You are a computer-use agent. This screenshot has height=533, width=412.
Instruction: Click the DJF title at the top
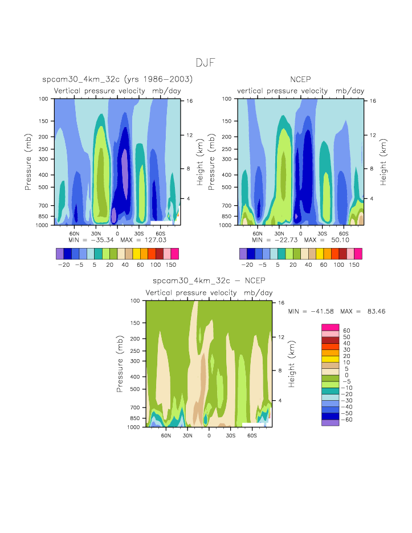point(206,63)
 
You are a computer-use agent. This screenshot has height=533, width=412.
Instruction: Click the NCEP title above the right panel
point(300,79)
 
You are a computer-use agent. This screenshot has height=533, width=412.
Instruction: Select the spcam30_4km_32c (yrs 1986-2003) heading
point(117,79)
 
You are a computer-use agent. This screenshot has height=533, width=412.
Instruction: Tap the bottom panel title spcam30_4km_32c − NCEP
point(209,281)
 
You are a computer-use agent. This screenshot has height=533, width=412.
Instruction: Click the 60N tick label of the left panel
point(74,233)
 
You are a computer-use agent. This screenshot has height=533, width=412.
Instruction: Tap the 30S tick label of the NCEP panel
point(322,233)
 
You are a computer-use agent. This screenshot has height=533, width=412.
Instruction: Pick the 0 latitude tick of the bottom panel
point(209,435)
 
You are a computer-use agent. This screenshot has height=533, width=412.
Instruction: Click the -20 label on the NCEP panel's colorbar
point(247,265)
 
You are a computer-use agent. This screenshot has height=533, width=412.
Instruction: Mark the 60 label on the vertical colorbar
point(346,330)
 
